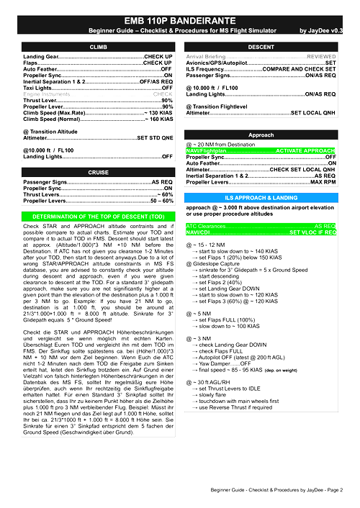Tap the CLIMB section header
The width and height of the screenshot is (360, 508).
point(98,46)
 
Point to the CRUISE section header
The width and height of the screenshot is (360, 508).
point(98,173)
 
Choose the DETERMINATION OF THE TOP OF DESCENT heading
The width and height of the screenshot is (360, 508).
point(98,215)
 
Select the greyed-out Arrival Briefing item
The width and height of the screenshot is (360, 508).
point(216,55)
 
